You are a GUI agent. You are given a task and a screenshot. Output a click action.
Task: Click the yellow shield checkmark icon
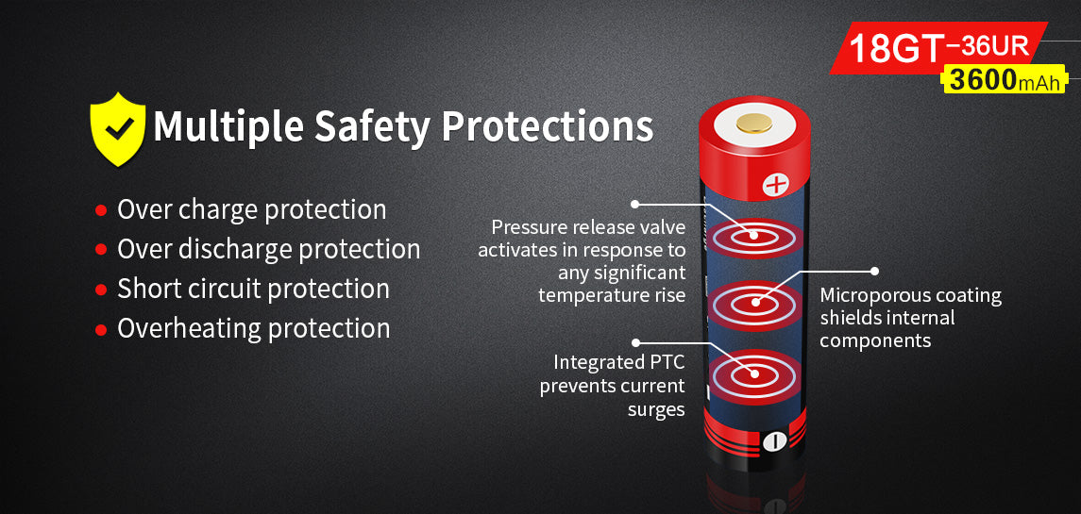117,129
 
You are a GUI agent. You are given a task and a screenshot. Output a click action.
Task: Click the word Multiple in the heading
228,126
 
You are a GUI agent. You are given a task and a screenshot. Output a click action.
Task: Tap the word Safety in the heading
372,126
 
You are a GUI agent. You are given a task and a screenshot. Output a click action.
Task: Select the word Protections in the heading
548,125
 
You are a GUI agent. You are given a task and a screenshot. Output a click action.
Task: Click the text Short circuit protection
253,289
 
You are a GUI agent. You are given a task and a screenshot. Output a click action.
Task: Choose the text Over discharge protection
268,249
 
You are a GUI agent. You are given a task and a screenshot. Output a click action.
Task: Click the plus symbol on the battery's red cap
776,184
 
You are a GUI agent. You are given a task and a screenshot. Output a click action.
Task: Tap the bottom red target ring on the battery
754,374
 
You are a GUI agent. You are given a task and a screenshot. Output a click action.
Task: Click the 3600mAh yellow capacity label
1003,80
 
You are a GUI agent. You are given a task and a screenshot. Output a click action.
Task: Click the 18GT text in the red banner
895,48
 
